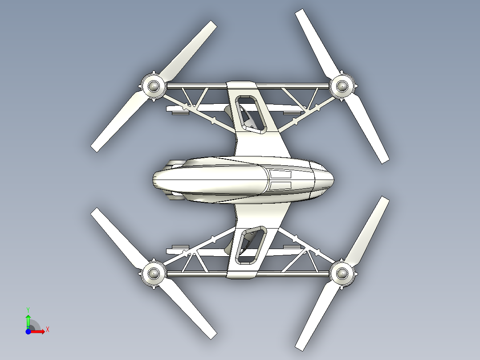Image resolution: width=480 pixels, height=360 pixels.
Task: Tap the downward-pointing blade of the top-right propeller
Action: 367,129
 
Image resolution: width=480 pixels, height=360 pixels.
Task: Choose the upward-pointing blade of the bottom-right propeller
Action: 367,230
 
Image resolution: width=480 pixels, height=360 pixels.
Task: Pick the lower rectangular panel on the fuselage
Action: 281,184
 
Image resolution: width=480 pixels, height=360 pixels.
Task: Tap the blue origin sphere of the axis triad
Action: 28,331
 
